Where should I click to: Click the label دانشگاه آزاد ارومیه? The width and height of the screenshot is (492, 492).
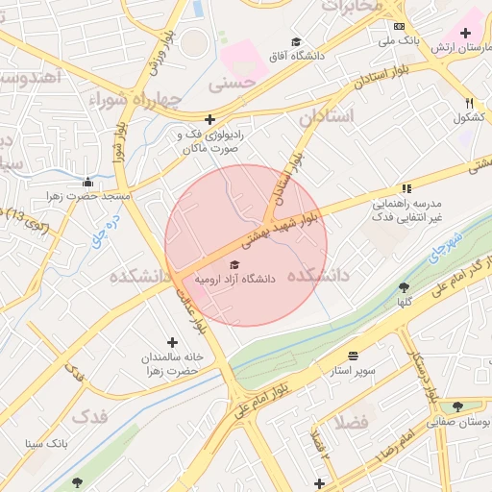235,279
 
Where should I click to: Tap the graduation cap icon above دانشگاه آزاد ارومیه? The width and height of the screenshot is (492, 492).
235,264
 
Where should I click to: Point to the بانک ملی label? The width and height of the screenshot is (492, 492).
400,41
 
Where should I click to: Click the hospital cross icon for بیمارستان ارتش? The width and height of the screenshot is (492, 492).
466,34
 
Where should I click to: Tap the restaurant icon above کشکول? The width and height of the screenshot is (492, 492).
469,103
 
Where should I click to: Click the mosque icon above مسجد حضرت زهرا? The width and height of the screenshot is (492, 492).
87,182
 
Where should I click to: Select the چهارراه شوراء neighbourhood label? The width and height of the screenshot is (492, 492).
135,99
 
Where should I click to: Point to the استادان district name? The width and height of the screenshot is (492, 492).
327,116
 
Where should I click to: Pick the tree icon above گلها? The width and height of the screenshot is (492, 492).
405,286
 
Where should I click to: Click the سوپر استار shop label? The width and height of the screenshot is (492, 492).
353,370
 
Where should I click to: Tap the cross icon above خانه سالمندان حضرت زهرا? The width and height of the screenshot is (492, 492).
173,342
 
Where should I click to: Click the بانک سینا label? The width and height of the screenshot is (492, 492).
45,444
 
